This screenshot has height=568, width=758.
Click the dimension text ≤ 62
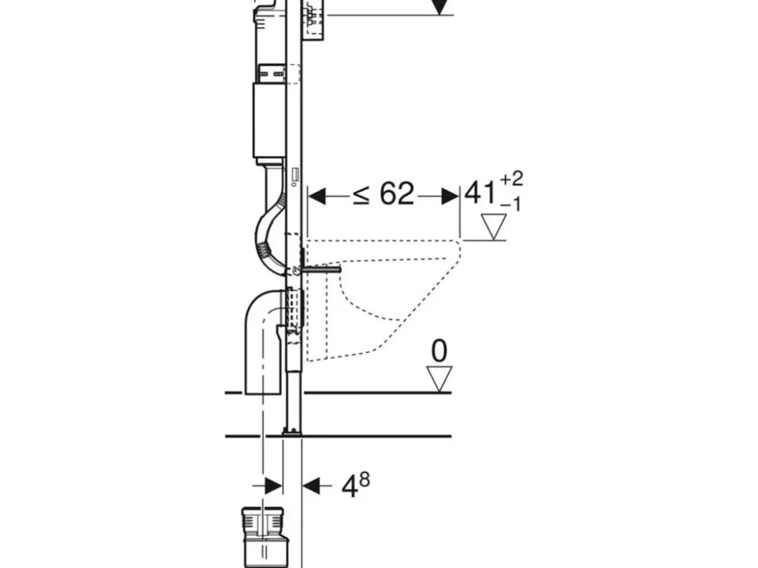(x=384, y=193)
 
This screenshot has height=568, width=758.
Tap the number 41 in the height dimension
(x=480, y=193)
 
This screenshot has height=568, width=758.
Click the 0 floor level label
(x=439, y=351)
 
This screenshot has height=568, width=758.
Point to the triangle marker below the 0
(x=439, y=377)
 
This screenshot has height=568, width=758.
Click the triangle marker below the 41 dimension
(x=493, y=227)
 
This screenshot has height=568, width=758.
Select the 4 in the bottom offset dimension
(x=349, y=486)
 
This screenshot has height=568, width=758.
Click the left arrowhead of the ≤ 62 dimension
(x=317, y=196)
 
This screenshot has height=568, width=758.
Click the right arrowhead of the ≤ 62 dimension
(x=450, y=196)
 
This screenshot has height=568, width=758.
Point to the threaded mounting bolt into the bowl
(x=322, y=270)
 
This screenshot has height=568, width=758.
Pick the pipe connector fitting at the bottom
(x=263, y=535)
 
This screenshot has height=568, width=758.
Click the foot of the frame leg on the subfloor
(x=293, y=432)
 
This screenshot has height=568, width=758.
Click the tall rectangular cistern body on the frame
(x=269, y=121)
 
